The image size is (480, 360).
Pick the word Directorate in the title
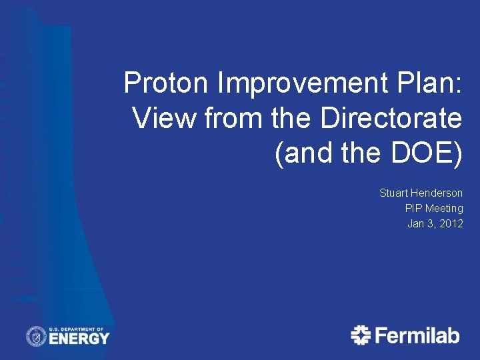(x=391, y=119)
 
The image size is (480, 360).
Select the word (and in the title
(x=303, y=153)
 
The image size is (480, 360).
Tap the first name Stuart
(x=394, y=193)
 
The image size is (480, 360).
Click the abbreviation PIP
(x=413, y=208)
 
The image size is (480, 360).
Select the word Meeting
(x=444, y=208)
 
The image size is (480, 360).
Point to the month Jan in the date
(x=416, y=223)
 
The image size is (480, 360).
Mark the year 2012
(x=451, y=223)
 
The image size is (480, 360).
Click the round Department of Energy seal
(x=36, y=336)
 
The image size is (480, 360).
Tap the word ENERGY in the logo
(x=79, y=339)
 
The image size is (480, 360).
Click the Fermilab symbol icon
(x=361, y=335)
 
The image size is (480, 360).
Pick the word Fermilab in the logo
(x=417, y=335)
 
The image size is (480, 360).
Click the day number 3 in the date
(x=431, y=223)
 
